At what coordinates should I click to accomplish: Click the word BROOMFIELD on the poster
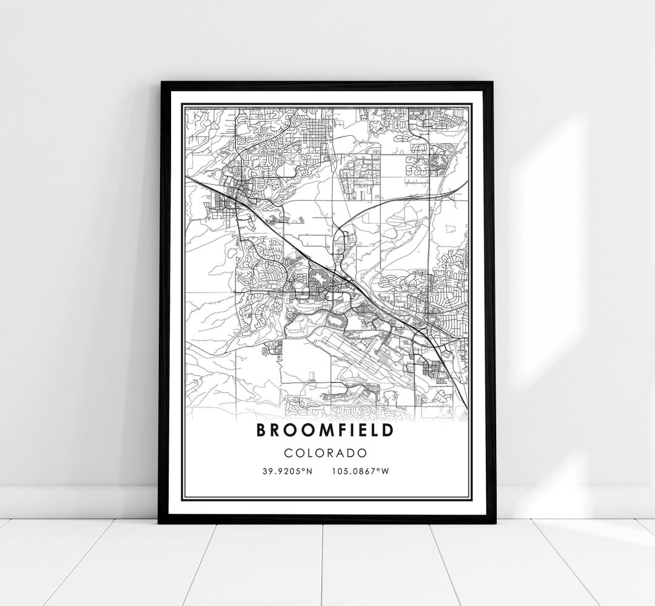click(x=325, y=430)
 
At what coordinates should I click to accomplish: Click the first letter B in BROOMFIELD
click(x=261, y=430)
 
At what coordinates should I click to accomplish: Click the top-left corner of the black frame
click(x=160, y=82)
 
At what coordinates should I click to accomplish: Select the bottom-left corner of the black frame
click(x=160, y=522)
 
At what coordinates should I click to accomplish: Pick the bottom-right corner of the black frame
click(x=494, y=522)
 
